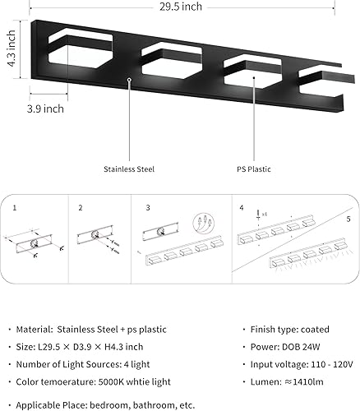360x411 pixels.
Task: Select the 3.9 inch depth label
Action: coord(45,108)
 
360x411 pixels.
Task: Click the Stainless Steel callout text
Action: coord(129,169)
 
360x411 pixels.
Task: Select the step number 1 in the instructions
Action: coord(13,209)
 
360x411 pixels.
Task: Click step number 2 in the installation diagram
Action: coord(81,209)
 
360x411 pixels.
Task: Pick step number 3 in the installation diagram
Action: coord(147,209)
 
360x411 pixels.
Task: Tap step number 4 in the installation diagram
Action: coord(241,209)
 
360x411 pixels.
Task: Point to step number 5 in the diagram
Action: coord(348,220)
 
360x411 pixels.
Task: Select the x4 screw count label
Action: coord(261,220)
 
